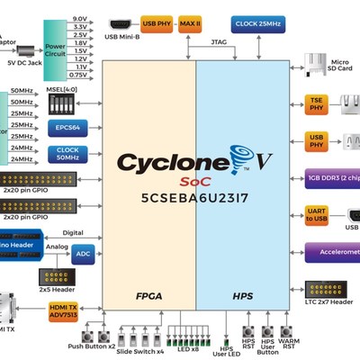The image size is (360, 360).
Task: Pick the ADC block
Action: pos(84,254)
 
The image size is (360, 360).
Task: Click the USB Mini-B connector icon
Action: pos(120,22)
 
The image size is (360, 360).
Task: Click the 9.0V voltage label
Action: pos(80,19)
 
